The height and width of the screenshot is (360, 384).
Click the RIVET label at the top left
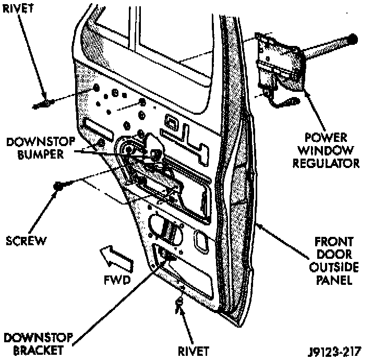(18, 9)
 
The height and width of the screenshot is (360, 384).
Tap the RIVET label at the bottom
(193, 351)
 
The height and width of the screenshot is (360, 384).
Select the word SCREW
(26, 241)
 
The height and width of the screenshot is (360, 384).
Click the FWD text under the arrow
(117, 280)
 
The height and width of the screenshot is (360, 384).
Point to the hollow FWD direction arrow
(117, 259)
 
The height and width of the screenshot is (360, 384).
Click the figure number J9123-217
(334, 352)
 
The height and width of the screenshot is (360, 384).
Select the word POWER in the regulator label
(326, 137)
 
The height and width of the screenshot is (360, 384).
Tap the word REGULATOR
(326, 163)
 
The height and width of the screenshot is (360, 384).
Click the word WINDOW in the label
(326, 150)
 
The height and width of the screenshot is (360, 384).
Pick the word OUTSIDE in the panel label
(334, 267)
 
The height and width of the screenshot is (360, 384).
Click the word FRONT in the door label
(334, 242)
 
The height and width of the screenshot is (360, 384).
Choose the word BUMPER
(41, 154)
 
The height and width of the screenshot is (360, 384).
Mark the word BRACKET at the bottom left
(38, 350)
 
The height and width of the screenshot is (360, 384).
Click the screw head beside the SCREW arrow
(58, 186)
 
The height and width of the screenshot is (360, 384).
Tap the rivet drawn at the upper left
(42, 104)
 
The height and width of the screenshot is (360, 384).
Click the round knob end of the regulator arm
(353, 39)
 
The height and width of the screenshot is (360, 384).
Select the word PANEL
(334, 280)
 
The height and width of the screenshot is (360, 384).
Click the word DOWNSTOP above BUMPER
(41, 142)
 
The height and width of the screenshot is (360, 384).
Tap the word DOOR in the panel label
(334, 255)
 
